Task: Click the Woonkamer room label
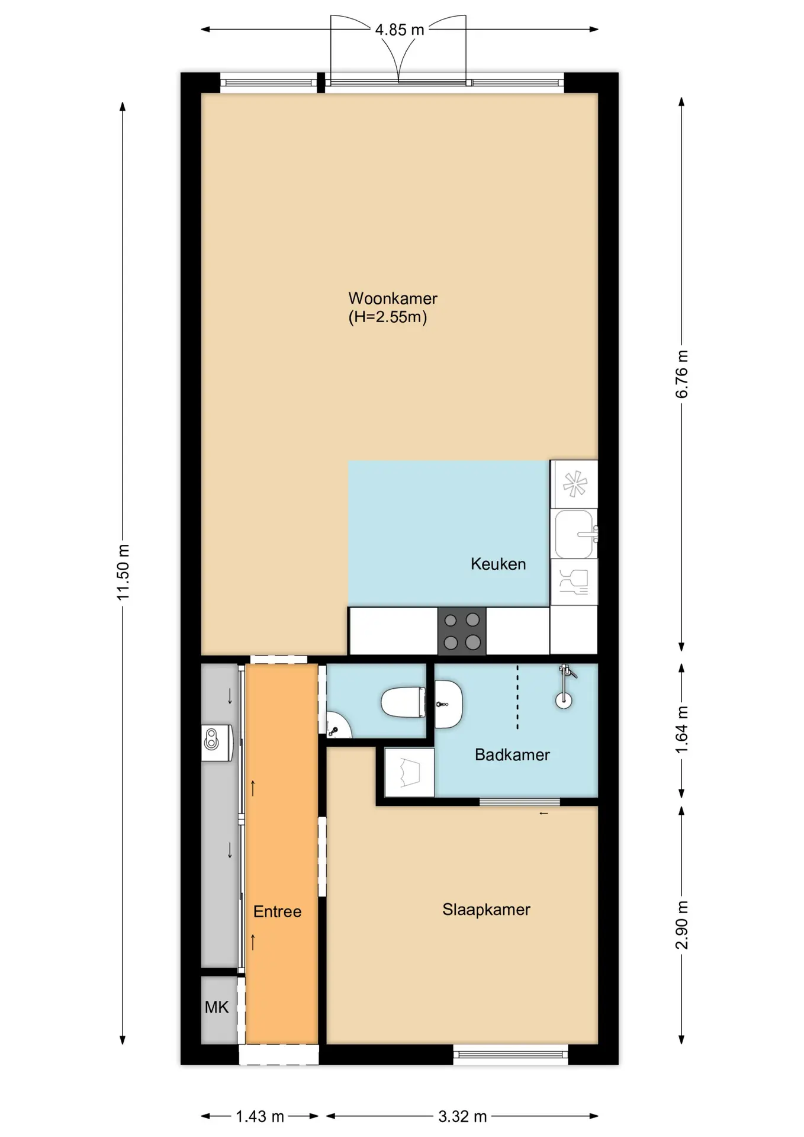(x=393, y=298)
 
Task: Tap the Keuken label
(x=498, y=564)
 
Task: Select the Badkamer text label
(x=512, y=754)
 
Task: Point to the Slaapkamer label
(x=486, y=910)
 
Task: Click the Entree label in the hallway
(x=277, y=911)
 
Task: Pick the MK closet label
(x=217, y=1007)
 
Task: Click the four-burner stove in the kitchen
(x=462, y=631)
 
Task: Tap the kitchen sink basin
(x=574, y=534)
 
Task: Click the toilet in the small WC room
(x=404, y=702)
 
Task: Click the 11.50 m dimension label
(x=123, y=572)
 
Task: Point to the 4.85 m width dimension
(x=400, y=30)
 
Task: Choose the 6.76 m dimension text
(x=682, y=374)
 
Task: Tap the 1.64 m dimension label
(x=682, y=730)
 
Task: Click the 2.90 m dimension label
(x=682, y=925)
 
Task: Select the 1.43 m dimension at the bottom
(x=260, y=1117)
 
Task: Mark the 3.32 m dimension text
(x=462, y=1117)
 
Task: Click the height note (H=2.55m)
(x=388, y=317)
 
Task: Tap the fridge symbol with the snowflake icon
(x=574, y=484)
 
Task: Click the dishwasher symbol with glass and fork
(x=574, y=582)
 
